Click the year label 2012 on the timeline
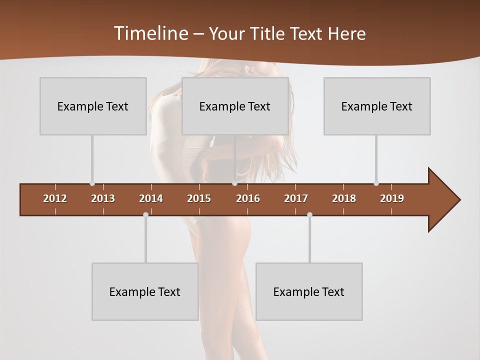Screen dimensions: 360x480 tap(55, 198)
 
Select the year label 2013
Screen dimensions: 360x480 tap(103, 198)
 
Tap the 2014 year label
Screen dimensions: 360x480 tap(151, 198)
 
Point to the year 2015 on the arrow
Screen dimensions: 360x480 tap(199, 198)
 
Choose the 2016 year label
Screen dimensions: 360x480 tap(248, 198)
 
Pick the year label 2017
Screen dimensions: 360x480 tap(296, 198)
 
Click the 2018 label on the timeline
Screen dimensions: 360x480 tap(344, 198)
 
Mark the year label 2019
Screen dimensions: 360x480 tap(392, 198)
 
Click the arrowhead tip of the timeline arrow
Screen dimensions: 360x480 tap(459, 200)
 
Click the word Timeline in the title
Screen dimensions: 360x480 tap(150, 33)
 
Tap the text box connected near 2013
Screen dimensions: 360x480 tap(93, 106)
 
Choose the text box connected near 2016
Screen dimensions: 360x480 tap(235, 106)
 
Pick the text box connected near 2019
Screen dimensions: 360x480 tap(377, 106)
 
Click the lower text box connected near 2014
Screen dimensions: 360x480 tap(145, 291)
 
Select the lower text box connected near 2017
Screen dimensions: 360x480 tap(309, 291)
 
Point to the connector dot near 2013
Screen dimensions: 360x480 tap(92, 183)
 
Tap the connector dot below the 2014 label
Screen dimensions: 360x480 tap(145, 215)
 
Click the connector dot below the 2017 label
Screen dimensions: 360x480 tap(309, 215)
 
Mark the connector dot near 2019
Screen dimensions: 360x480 tap(376, 183)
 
